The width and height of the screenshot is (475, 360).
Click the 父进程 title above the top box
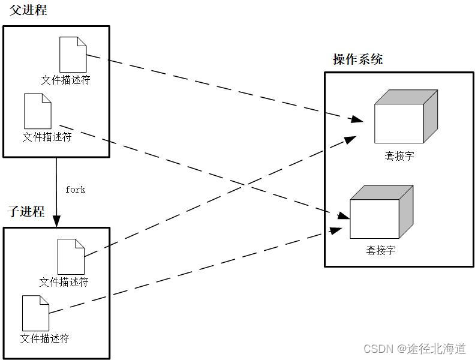tap(28, 10)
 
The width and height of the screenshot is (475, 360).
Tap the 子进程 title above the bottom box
tap(26, 211)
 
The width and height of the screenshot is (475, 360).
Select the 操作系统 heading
tap(357, 59)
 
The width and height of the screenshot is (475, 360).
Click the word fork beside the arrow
tap(76, 190)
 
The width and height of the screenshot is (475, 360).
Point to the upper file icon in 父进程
tap(73, 55)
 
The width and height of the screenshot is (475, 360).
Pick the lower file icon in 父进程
tap(37, 111)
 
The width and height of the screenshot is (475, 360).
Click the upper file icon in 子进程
tap(71, 256)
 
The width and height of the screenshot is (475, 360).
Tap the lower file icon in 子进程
tap(35, 313)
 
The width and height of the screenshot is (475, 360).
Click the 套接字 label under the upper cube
tap(399, 156)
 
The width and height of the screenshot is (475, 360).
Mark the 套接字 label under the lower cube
tap(381, 250)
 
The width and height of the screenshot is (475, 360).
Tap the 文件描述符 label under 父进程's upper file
tap(66, 80)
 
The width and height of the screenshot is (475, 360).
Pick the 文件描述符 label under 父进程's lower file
tap(47, 137)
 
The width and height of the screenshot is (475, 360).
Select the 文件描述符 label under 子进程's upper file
tap(64, 281)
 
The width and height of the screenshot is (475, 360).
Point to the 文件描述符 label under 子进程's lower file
tap(45, 338)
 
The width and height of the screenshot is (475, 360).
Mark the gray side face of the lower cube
tap(406, 211)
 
